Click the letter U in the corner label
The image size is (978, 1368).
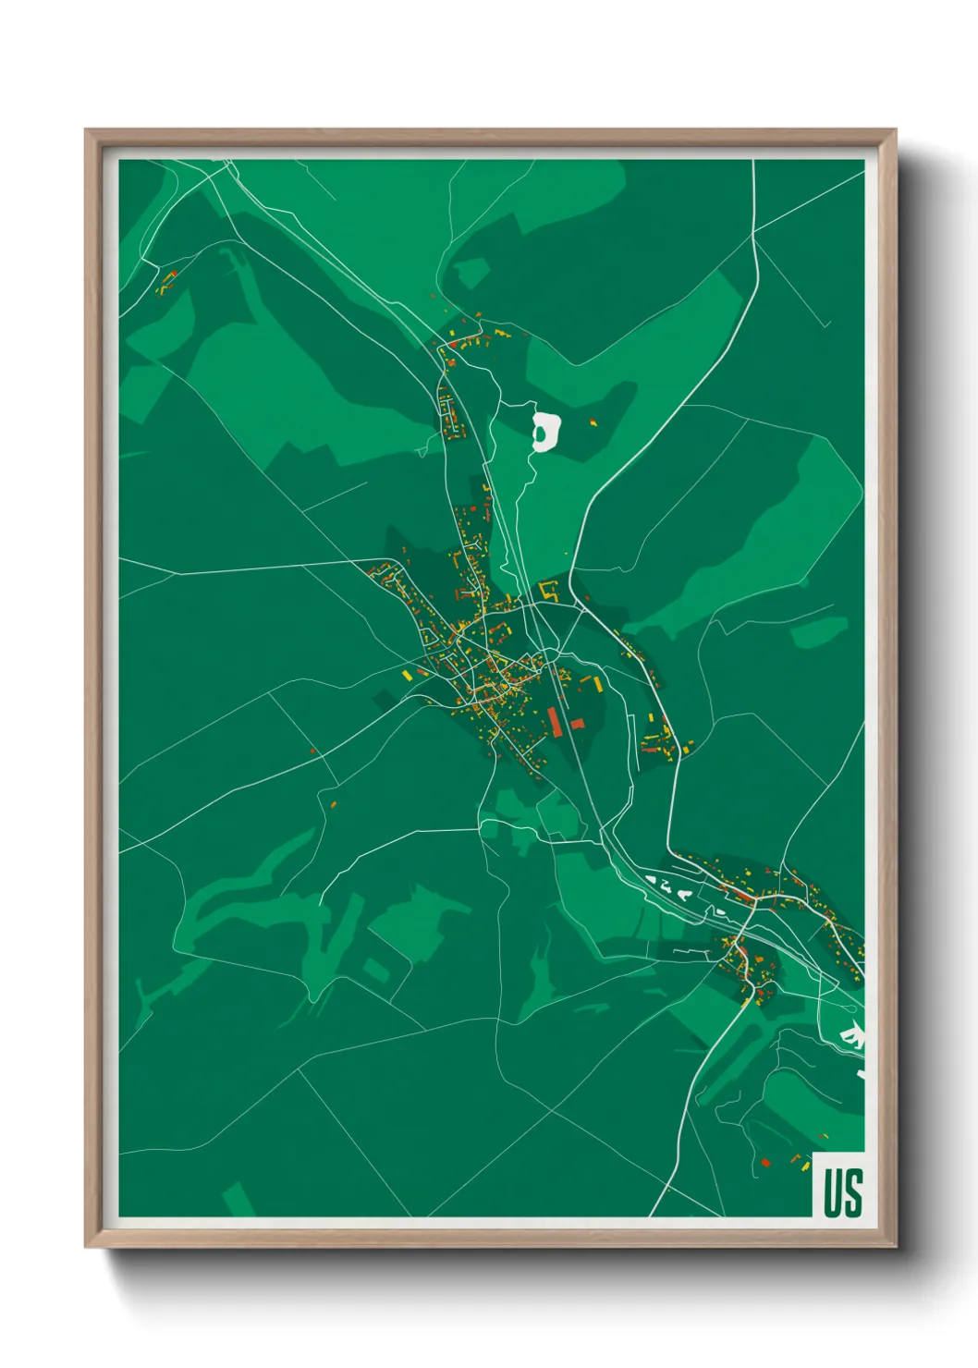(x=831, y=1192)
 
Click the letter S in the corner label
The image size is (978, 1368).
(x=852, y=1192)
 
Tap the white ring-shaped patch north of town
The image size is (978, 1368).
(x=547, y=431)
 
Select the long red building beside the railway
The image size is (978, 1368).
(x=555, y=720)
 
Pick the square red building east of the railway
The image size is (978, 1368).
(x=577, y=723)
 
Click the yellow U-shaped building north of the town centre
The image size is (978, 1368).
(x=549, y=589)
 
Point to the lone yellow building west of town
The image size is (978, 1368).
(x=407, y=676)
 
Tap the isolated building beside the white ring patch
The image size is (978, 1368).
(x=593, y=422)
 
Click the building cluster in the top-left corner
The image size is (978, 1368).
(x=167, y=282)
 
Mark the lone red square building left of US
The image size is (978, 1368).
(x=764, y=1162)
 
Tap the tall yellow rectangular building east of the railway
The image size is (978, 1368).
(x=597, y=684)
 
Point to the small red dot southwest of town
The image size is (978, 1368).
(x=313, y=751)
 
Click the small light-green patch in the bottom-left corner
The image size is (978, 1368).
(x=238, y=1199)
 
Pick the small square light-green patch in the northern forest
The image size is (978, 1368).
(x=471, y=272)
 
